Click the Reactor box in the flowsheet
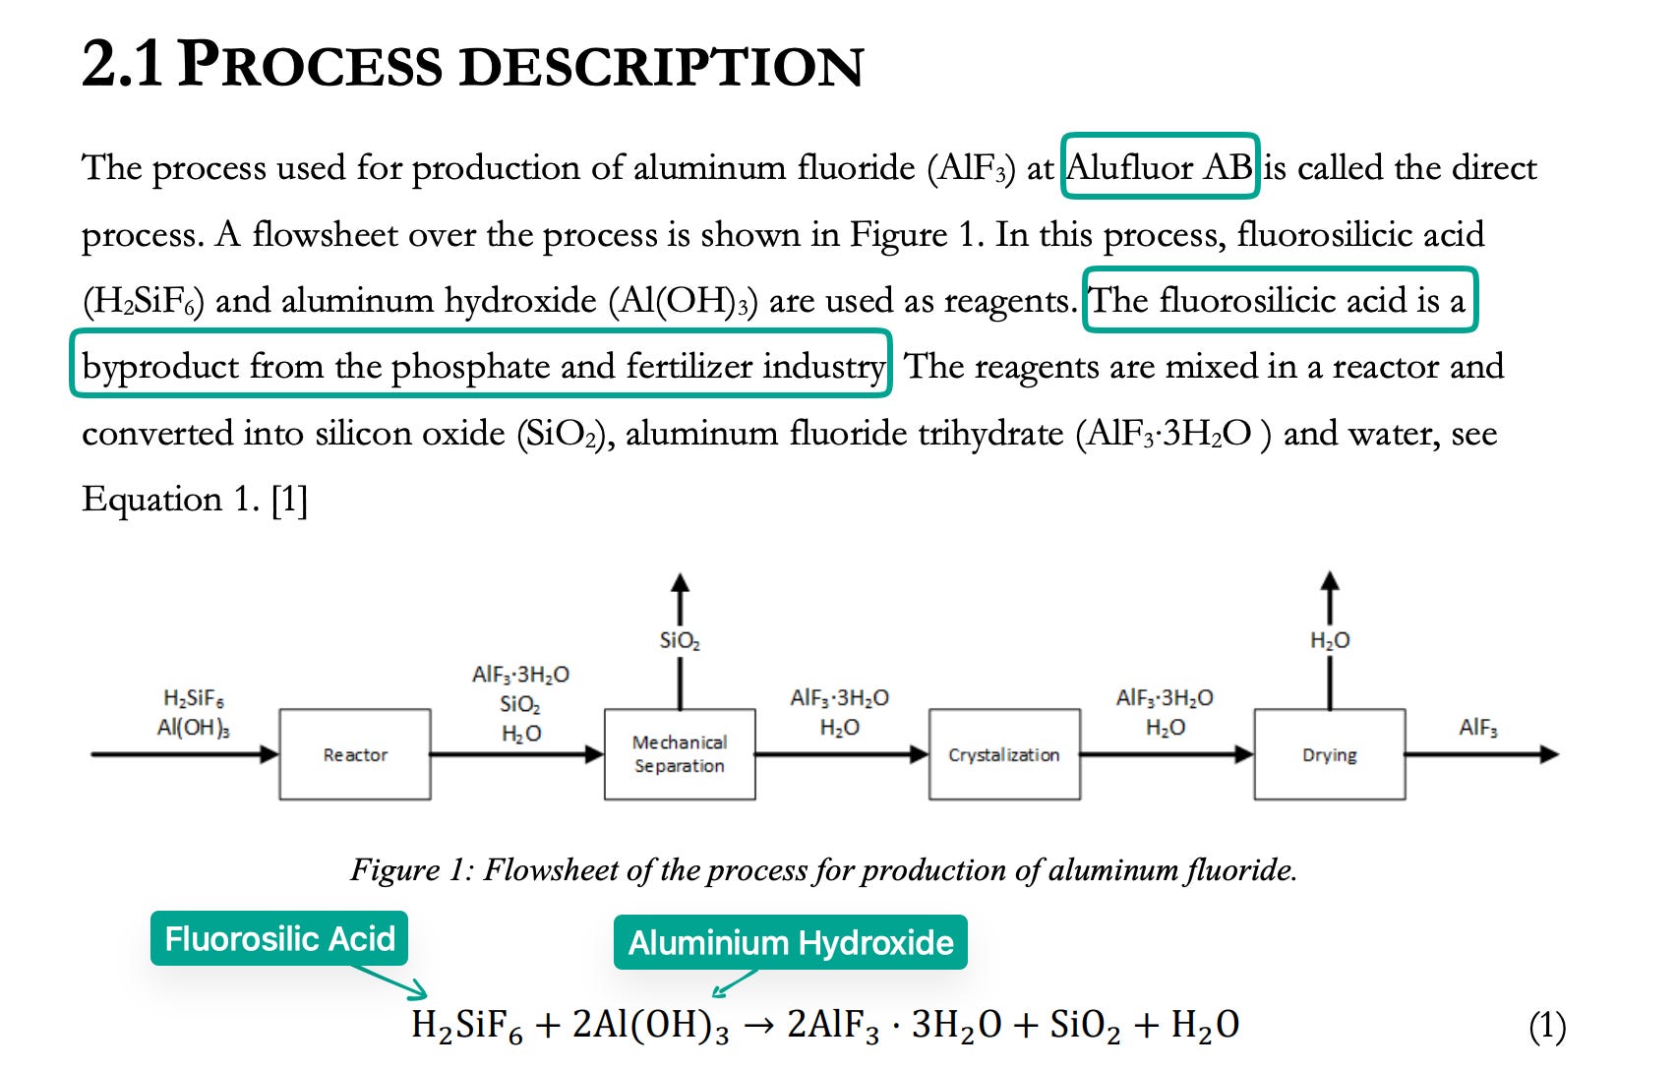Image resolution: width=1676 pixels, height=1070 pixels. (355, 754)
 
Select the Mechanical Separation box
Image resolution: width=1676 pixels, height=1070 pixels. (680, 754)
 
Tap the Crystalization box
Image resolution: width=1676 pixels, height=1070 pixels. (1004, 754)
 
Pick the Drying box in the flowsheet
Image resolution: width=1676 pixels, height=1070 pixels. (1330, 754)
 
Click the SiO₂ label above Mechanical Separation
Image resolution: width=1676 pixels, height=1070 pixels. (680, 641)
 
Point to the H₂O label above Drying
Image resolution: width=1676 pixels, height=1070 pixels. (1330, 641)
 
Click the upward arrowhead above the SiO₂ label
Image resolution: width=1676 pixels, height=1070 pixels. (680, 583)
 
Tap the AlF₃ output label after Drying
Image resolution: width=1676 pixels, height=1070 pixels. (1478, 728)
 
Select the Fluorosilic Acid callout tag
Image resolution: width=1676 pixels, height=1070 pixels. (279, 938)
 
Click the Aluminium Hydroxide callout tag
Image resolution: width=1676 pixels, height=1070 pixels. (791, 942)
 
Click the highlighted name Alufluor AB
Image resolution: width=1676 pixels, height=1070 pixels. (1161, 167)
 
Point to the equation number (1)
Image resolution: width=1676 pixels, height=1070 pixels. (1547, 1027)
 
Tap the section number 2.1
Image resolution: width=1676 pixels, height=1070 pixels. (121, 65)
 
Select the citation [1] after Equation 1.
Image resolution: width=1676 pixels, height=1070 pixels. (289, 500)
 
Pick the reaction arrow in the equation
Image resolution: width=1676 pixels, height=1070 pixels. (758, 1027)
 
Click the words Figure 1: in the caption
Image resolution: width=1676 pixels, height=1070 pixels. (413, 869)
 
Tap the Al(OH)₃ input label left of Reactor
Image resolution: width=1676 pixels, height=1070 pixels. (194, 728)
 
